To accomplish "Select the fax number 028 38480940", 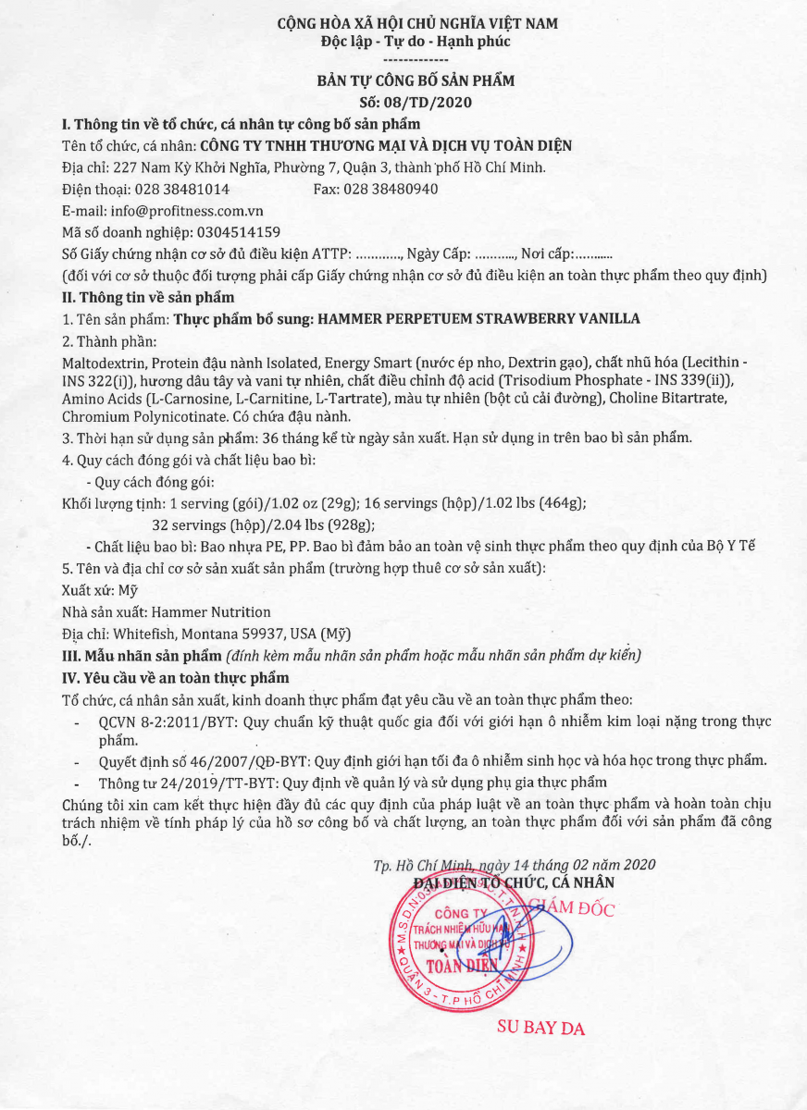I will coord(389,189).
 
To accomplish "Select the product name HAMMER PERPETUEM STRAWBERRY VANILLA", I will coord(478,319).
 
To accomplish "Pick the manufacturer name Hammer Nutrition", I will coord(211,612).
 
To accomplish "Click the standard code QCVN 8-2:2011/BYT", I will coord(155,721).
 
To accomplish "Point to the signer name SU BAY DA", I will coord(541,1027).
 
